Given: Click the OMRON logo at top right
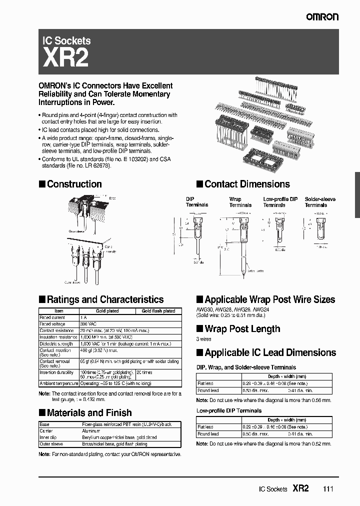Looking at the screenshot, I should pos(322,16).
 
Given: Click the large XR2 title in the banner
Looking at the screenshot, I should pos(66,58).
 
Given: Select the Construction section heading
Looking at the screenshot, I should pos(74,184).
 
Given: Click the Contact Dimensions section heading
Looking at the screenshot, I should pos(247,184).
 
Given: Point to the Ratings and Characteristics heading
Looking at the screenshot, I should pos(105,299).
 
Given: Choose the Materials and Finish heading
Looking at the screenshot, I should pos(89,412).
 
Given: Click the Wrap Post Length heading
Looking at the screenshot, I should pos(242,329).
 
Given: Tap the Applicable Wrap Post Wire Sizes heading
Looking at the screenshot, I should pos(269,299).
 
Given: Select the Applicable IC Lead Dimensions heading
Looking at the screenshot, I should pos(270,352).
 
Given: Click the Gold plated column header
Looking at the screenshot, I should pos(107,311).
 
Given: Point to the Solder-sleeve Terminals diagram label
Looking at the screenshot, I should pos(319,202).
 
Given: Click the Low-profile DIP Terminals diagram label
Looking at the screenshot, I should pos(280,202).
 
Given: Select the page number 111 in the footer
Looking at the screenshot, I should pos(327,489).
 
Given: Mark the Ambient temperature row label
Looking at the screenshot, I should pos(58,383).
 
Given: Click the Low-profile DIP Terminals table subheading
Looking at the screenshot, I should pos(228,410).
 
